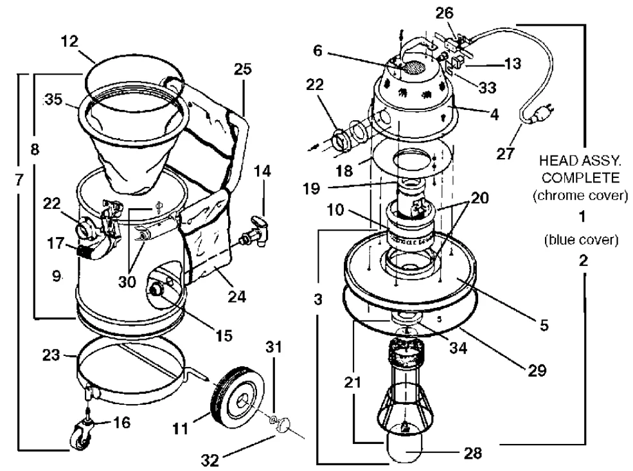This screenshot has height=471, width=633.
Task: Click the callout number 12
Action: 69,40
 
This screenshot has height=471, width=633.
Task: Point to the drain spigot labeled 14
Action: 254,231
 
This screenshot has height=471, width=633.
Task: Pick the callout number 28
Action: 472,453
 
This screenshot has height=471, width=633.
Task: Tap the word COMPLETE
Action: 580,177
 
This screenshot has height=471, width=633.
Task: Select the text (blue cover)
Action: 581,240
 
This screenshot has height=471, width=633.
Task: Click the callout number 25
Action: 243,69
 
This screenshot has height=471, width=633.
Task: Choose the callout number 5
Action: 544,324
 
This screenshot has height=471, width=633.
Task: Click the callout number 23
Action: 51,355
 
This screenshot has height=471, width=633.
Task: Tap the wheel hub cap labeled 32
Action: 284,425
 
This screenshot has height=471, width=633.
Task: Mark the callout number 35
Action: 54,100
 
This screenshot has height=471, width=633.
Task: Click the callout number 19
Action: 311,188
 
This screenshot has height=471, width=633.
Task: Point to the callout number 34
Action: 458,347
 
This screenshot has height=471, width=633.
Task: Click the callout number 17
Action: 55,244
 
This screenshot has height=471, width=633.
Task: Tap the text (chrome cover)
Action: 580,196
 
